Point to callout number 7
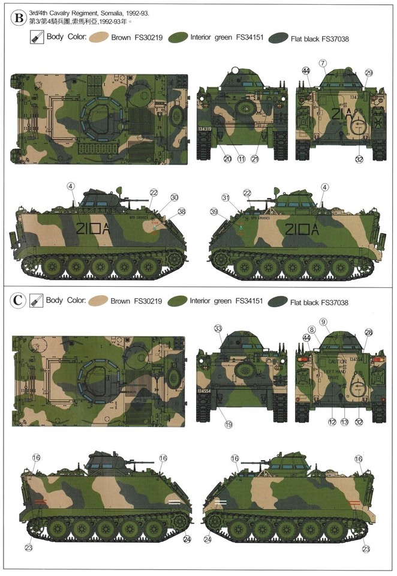(x=323, y=63)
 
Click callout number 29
(x=369, y=73)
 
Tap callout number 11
(x=242, y=159)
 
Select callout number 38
(x=181, y=211)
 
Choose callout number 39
(x=215, y=212)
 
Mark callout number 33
(x=218, y=328)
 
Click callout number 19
(x=228, y=424)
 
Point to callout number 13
(x=344, y=422)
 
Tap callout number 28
(x=369, y=332)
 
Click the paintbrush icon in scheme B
(x=35, y=37)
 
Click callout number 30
(x=174, y=197)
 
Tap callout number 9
(x=340, y=322)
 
